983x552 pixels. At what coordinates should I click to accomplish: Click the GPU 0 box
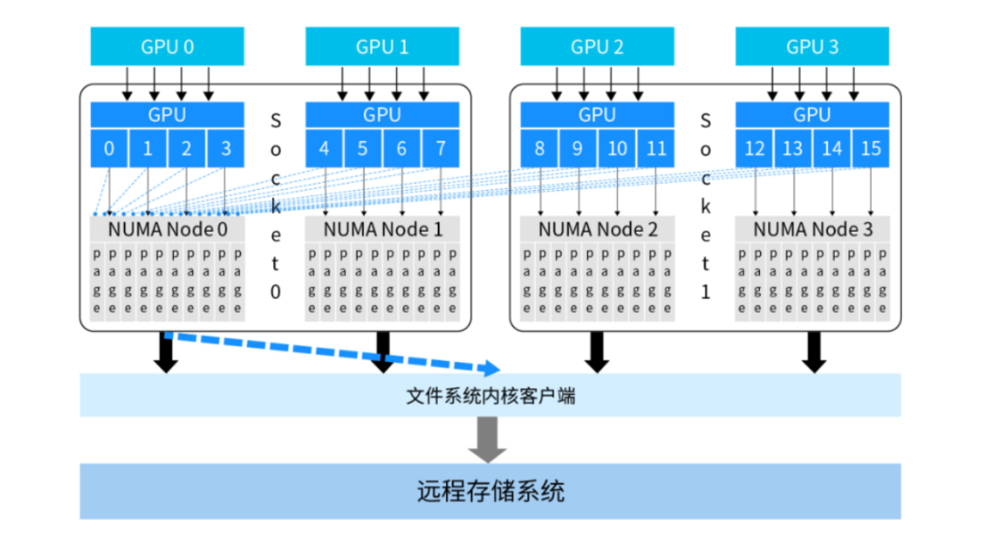click(167, 46)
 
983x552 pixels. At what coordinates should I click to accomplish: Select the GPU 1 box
click(382, 46)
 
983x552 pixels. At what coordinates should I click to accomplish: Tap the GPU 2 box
click(597, 46)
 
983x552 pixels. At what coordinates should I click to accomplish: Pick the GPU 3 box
click(812, 46)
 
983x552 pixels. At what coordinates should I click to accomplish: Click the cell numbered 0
click(109, 148)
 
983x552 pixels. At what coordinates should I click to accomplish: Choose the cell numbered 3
click(225, 148)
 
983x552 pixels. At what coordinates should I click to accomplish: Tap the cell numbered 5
click(362, 148)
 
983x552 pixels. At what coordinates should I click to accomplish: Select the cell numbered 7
click(440, 148)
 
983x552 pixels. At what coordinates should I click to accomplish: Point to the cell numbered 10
click(616, 148)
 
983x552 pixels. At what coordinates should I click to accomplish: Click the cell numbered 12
click(755, 148)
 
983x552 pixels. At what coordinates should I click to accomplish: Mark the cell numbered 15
click(870, 148)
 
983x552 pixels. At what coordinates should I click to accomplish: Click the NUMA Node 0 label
click(167, 230)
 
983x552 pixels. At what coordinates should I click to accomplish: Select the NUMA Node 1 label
click(382, 230)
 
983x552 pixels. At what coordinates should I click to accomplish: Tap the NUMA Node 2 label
click(597, 230)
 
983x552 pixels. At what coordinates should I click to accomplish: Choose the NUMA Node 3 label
click(812, 230)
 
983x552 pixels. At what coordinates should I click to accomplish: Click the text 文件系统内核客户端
click(490, 396)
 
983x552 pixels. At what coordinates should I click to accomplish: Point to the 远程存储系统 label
click(490, 492)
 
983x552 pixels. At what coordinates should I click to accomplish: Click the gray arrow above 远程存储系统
click(490, 438)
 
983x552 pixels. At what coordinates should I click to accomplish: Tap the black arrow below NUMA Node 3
click(815, 352)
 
